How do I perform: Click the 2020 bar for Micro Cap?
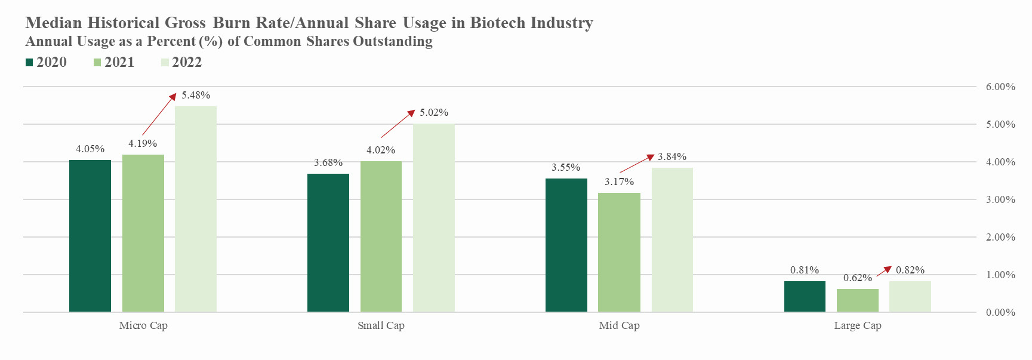pyautogui.click(x=90, y=236)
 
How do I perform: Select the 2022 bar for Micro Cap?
pyautogui.click(x=196, y=209)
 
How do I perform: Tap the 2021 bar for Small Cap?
pyautogui.click(x=381, y=236)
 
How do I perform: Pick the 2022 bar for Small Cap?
pyautogui.click(x=434, y=218)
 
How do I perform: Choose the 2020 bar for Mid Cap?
pyautogui.click(x=566, y=245)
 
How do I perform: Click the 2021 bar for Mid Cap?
pyautogui.click(x=619, y=252)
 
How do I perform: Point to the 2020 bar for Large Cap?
pyautogui.click(x=805, y=296)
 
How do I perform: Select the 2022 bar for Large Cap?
pyautogui.click(x=910, y=296)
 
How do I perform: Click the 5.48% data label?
pyautogui.click(x=196, y=96)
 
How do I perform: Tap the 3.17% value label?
pyautogui.click(x=619, y=182)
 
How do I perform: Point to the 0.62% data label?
pyautogui.click(x=857, y=278)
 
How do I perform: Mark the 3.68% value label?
pyautogui.click(x=328, y=163)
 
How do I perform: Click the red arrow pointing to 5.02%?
pyautogui.click(x=398, y=124)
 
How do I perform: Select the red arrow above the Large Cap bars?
pyautogui.click(x=883, y=272)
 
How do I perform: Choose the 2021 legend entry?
pyautogui.click(x=114, y=63)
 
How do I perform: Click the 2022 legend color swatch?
pyautogui.click(x=165, y=63)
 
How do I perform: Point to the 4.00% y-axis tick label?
pyautogui.click(x=1000, y=162)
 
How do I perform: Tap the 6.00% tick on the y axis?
pyautogui.click(x=1000, y=87)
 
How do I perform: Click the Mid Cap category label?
pyautogui.click(x=619, y=326)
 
